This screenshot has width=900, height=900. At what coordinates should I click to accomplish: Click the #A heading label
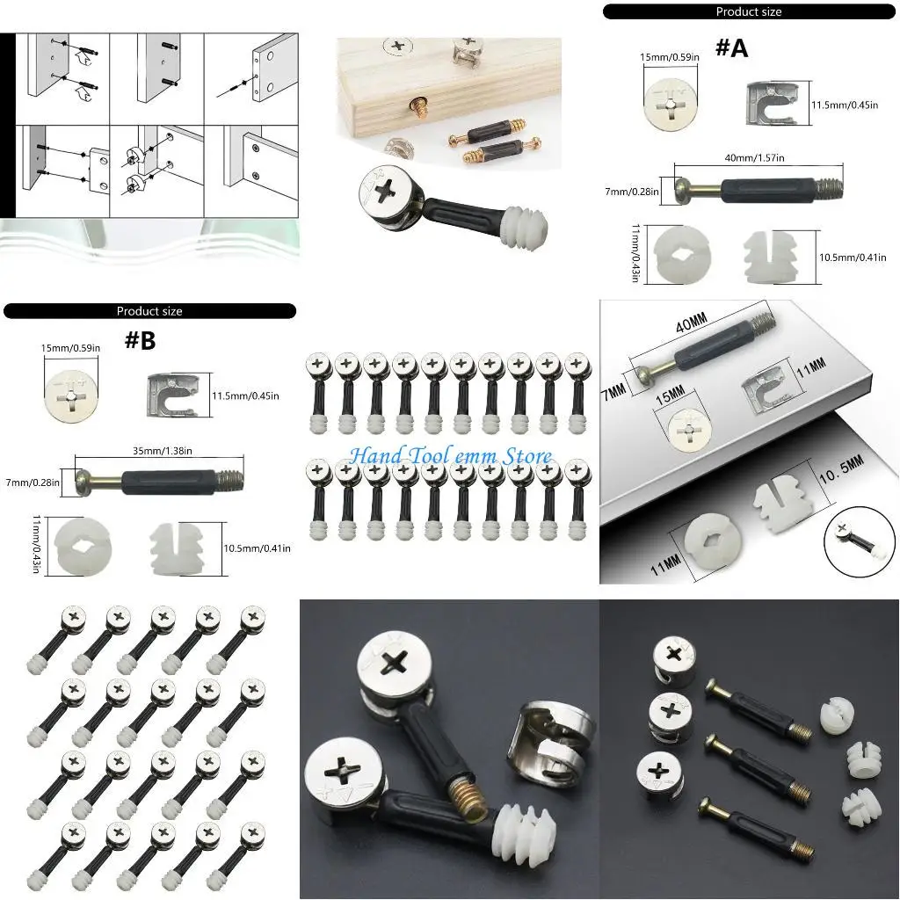(x=731, y=47)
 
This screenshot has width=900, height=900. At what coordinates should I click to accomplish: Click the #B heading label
(x=140, y=341)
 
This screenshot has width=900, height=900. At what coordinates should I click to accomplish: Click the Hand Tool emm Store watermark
(x=450, y=456)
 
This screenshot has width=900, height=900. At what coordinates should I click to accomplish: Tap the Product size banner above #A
(x=749, y=11)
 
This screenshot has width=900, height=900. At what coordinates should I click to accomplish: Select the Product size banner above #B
(x=149, y=311)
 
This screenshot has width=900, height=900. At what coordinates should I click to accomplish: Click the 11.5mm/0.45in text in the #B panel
(x=245, y=396)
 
